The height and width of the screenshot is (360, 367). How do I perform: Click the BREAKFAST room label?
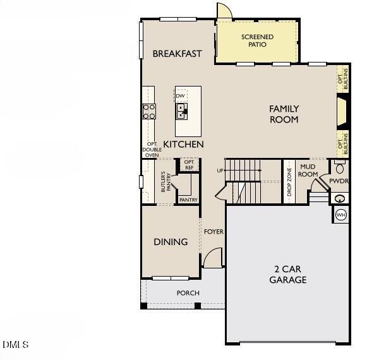pos(177,54)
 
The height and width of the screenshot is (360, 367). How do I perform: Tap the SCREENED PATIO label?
pos(257,40)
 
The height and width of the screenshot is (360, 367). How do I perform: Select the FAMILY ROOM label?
pos(284,114)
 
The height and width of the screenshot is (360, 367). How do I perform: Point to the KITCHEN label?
pos(183,144)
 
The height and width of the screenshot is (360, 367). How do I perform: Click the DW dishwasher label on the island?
pos(181,96)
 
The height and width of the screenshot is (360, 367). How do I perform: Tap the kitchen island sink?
pos(181,112)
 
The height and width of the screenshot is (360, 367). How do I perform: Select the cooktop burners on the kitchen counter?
pos(149,112)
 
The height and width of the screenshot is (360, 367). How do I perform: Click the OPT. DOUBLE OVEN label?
pos(152,149)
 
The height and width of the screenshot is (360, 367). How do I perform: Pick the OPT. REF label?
pos(189,164)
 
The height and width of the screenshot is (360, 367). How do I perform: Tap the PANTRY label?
pos(188,200)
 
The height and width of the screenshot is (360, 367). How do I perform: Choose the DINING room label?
pos(171,242)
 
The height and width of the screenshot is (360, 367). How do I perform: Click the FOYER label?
pos(214,232)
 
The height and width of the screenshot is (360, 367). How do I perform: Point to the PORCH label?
pos(188,293)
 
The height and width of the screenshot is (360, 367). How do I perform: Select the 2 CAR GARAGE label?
pos(287,274)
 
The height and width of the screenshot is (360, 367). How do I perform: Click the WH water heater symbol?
pos(341,215)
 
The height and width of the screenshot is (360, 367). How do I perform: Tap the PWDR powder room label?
pos(339,181)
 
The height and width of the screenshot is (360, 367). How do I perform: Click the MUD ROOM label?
pos(308,171)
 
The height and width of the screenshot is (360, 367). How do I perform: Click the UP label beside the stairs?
pos(220,171)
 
